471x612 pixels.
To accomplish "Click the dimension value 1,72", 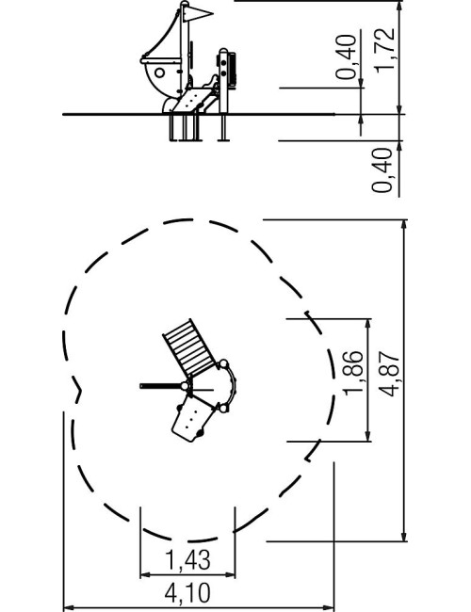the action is tap(384, 50).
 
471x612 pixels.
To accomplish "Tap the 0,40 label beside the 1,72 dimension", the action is tap(347, 57).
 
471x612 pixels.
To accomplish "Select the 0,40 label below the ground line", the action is tap(382, 170).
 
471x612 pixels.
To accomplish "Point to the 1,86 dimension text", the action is tap(353, 373).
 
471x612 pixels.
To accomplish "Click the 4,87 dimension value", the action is tap(390, 375).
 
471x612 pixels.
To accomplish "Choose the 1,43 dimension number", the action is tap(187, 559).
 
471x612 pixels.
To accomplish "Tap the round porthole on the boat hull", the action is tap(159, 72).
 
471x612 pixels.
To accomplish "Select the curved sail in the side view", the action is tap(160, 35).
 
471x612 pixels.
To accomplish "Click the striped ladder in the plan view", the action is tap(189, 348).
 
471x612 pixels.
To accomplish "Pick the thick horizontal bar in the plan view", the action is tap(161, 386).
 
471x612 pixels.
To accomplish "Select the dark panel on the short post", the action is tap(232, 69).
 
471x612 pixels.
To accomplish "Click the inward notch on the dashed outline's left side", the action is tap(78, 390).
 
